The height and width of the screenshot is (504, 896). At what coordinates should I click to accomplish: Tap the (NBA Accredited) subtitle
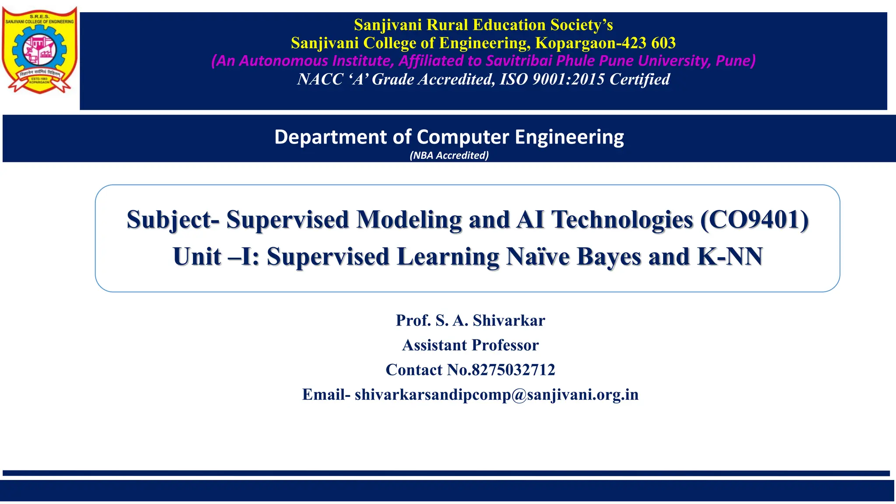tap(449, 155)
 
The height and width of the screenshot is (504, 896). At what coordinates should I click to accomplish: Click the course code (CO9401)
tap(754, 219)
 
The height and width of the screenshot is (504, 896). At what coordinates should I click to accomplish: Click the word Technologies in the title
tap(622, 219)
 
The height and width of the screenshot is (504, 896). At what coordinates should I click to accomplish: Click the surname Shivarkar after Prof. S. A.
tap(509, 321)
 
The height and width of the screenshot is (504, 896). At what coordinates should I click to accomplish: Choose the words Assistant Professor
tap(470, 345)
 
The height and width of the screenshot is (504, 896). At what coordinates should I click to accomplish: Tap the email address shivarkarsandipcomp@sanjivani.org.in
tap(497, 395)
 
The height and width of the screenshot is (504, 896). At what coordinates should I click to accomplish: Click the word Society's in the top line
tap(581, 25)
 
